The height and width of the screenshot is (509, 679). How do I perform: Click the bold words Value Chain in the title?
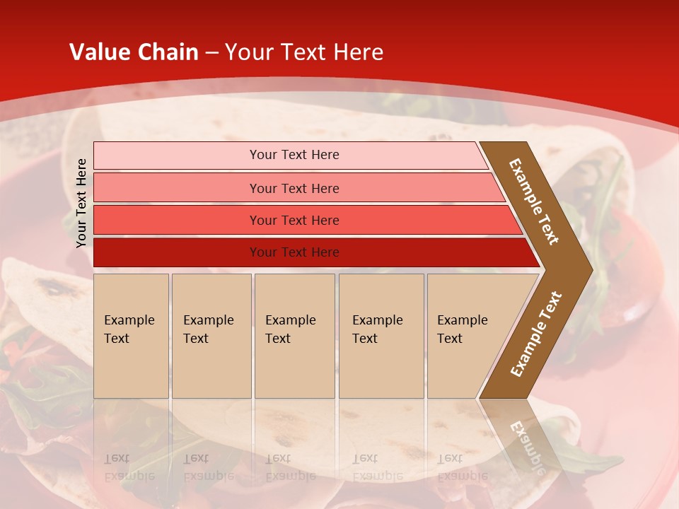point(134,52)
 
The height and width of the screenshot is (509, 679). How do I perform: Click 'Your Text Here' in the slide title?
point(304,52)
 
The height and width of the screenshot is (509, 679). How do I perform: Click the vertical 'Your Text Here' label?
point(81,203)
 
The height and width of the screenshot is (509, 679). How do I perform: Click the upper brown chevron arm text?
point(534,201)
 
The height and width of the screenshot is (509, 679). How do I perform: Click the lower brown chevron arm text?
point(536,334)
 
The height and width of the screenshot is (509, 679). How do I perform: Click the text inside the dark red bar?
point(294,252)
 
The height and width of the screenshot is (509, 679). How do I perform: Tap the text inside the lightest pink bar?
point(294,155)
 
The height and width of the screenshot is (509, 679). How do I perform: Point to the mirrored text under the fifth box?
point(462,467)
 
